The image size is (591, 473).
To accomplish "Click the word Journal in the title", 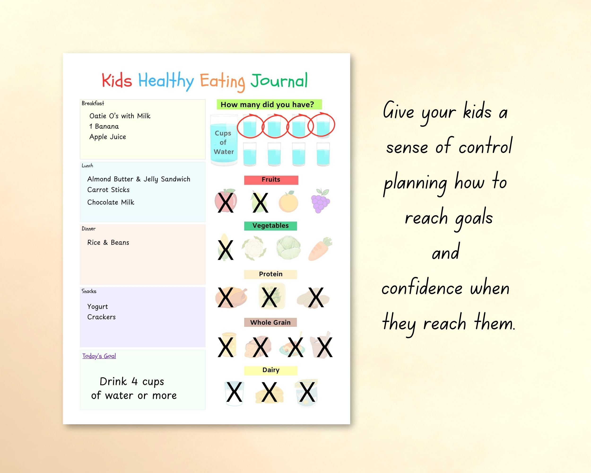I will (279, 81).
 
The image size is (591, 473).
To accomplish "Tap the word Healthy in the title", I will (166, 81).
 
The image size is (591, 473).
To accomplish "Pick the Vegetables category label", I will (270, 226).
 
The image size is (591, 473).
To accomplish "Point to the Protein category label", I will (270, 274).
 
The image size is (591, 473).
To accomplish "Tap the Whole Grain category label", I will (270, 322).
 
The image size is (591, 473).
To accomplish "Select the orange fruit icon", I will (288, 202).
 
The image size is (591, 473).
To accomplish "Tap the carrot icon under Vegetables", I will (320, 249).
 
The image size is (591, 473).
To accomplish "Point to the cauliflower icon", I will (254, 248).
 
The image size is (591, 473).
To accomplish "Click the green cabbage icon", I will (288, 248).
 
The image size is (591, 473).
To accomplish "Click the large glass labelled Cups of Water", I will (224, 140).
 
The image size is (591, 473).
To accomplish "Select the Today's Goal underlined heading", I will (99, 356).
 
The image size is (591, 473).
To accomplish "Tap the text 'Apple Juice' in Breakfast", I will (108, 137).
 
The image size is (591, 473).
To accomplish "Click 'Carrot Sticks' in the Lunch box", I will (108, 190).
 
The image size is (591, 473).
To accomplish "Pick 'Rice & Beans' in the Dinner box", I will (108, 242).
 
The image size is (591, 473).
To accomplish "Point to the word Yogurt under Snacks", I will (98, 307).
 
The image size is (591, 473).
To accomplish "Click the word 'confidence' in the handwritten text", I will (422, 289).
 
